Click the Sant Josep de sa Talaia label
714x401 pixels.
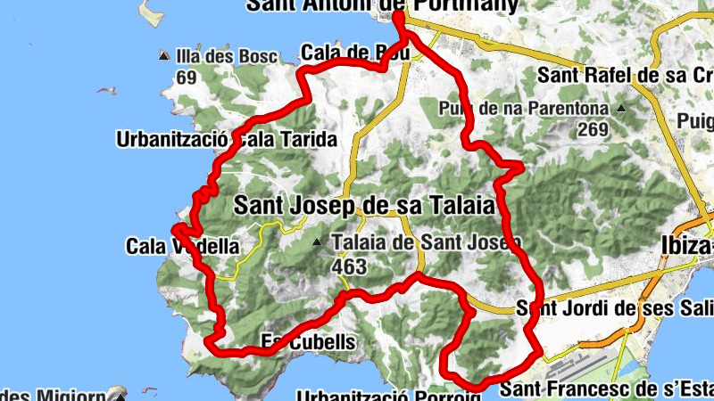[x=363, y=206]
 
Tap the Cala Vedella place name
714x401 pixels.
[x=182, y=246]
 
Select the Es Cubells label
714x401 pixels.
[x=308, y=341]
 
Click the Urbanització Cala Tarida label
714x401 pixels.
[x=226, y=140]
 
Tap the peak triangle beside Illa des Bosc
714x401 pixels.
[x=163, y=56]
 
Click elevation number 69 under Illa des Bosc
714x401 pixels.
[x=186, y=78]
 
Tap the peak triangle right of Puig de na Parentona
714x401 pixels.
[x=621, y=109]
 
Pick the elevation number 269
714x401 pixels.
[x=592, y=130]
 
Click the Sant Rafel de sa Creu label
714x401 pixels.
[x=625, y=75]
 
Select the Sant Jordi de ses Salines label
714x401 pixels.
[x=615, y=309]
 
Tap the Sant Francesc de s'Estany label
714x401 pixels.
[x=606, y=389]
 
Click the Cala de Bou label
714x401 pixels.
[x=355, y=53]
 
